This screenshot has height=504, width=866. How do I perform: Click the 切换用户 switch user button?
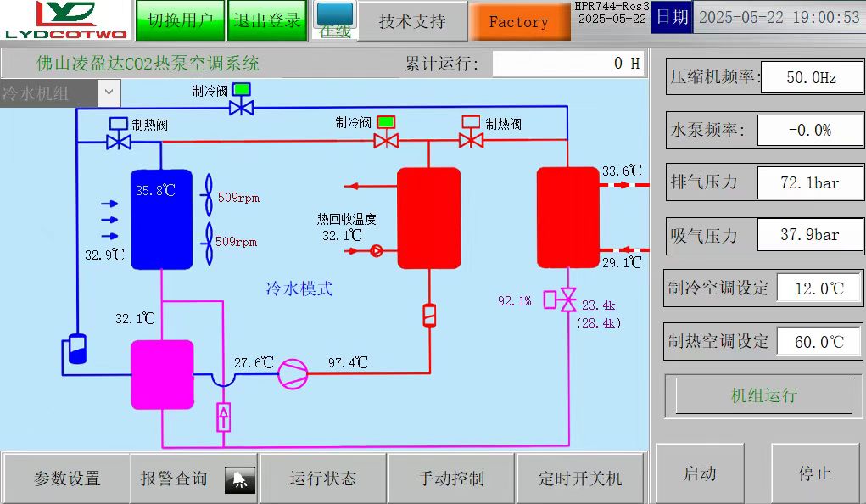(x=180, y=21)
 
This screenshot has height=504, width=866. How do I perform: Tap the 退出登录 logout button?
(x=267, y=21)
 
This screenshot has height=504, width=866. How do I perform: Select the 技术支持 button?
(x=412, y=21)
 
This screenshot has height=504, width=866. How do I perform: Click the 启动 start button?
(x=700, y=473)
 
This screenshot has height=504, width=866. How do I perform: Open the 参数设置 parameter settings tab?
(x=66, y=478)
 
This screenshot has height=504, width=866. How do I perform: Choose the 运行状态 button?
(x=322, y=478)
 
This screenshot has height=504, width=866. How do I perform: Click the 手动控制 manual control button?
(x=450, y=478)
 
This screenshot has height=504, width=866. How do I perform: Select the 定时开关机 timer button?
(x=580, y=478)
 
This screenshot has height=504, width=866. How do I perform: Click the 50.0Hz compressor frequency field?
(x=812, y=77)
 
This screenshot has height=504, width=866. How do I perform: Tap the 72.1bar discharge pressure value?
(x=810, y=183)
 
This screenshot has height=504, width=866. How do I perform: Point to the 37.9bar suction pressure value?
(x=810, y=235)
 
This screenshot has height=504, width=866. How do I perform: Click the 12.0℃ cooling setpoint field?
(x=819, y=288)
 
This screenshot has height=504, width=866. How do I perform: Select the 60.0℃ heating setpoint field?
(x=819, y=342)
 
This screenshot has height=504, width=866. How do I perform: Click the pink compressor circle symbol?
(x=293, y=374)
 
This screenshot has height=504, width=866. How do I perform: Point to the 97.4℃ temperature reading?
(x=348, y=362)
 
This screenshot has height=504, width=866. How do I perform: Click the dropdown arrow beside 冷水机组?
(x=109, y=92)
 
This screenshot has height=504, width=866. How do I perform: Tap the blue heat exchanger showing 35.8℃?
(x=161, y=220)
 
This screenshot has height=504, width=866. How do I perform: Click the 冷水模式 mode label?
(x=299, y=288)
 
